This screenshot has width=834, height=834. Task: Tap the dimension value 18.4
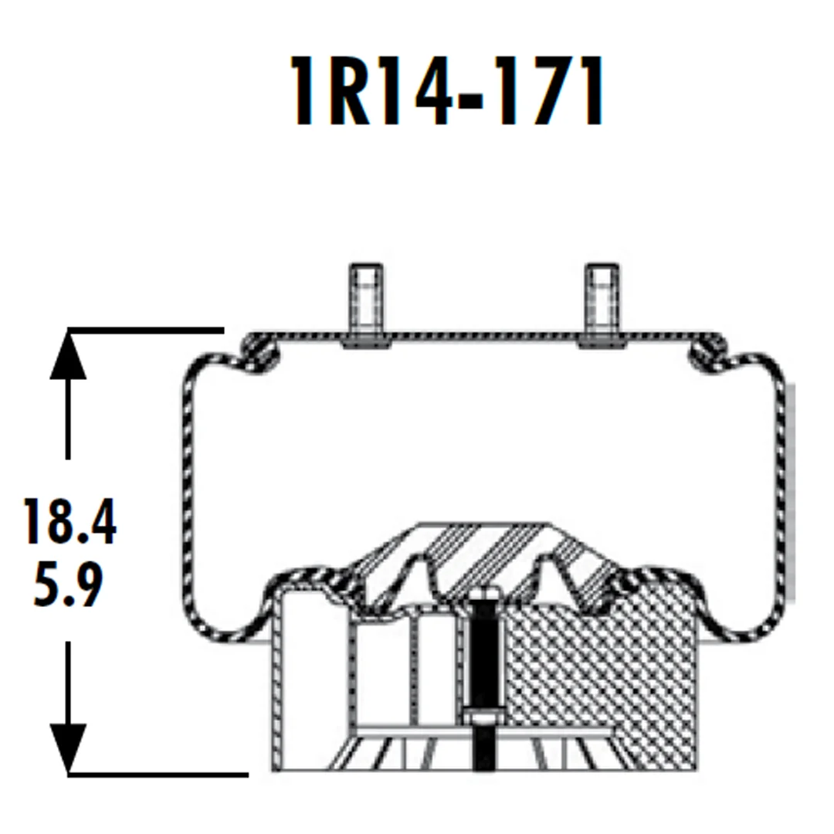click(69, 521)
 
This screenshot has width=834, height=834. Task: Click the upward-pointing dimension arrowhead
click(68, 354)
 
